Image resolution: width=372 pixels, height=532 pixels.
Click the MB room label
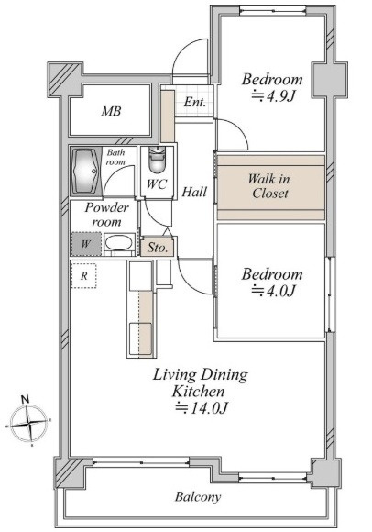(x=111, y=111)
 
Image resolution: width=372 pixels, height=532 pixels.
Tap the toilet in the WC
(x=157, y=161)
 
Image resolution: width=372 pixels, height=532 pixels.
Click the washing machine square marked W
(x=86, y=244)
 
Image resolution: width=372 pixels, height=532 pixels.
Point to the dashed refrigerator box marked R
(x=83, y=276)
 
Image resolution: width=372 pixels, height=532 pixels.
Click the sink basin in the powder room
(x=118, y=243)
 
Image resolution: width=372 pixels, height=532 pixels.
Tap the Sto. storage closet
(x=158, y=248)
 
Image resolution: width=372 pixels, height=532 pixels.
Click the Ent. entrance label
(x=195, y=102)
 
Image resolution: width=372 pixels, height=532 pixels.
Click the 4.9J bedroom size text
(x=274, y=97)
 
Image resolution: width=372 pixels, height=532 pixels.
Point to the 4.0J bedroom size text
(x=274, y=291)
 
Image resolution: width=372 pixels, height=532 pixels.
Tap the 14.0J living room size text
(x=201, y=407)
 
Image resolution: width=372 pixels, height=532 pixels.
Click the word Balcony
(x=198, y=497)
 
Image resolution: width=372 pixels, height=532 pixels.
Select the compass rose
(x=28, y=423)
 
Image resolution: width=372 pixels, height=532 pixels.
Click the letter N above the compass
(x=25, y=399)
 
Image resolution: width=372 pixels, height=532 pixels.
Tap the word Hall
(x=194, y=193)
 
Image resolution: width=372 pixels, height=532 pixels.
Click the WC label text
(x=157, y=184)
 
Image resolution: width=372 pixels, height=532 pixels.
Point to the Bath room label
(x=115, y=157)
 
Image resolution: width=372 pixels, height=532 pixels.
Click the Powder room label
(x=106, y=215)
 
